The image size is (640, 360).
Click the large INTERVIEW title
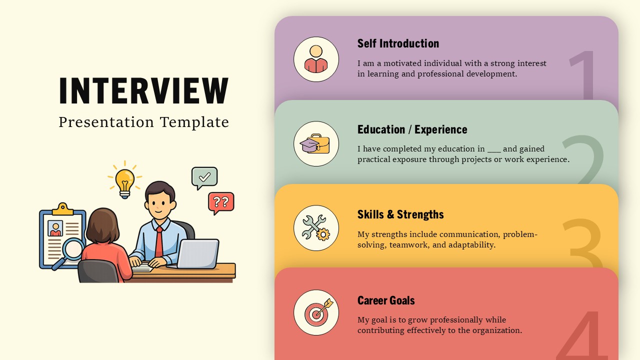click(x=144, y=91)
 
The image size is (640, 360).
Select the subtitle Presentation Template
click(x=144, y=122)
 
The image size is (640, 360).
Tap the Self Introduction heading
click(x=398, y=43)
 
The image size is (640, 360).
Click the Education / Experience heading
click(x=412, y=129)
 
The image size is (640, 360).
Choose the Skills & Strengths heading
click(x=400, y=214)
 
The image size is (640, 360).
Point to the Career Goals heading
click(x=386, y=300)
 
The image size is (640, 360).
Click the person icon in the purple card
click(x=316, y=59)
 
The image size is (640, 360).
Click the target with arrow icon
click(x=316, y=312)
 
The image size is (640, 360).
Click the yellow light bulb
click(x=124, y=181)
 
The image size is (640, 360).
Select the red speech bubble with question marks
click(x=221, y=202)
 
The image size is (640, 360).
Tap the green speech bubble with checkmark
click(x=204, y=177)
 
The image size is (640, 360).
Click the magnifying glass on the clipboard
click(x=73, y=249)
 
